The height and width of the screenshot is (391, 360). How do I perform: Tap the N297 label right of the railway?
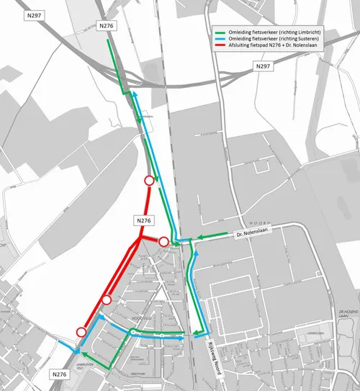(264, 66)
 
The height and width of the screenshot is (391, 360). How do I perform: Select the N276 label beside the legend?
(107, 26)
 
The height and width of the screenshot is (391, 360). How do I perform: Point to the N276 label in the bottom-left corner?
(61, 375)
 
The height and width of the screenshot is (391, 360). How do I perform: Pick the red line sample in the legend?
(220, 48)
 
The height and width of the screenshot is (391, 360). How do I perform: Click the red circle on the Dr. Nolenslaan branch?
(163, 241)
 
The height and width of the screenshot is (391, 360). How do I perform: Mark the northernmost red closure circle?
(149, 181)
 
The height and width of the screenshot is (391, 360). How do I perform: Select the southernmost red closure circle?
(81, 331)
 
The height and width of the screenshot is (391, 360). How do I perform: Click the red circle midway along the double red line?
(107, 300)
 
